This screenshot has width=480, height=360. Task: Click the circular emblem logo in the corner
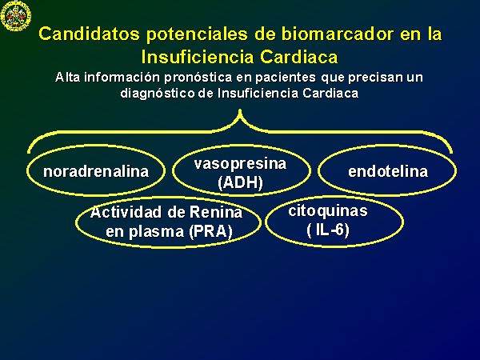(x=16, y=16)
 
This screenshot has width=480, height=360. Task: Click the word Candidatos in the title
(x=89, y=34)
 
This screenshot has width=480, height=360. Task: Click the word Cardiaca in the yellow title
(x=299, y=57)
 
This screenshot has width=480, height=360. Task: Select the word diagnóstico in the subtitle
(x=158, y=94)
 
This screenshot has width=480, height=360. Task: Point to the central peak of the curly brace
(x=240, y=110)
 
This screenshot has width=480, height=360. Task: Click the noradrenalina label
(x=96, y=171)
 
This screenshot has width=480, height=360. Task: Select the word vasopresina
(x=240, y=164)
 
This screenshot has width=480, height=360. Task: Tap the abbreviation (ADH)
(x=240, y=182)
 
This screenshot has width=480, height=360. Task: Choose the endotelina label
(x=388, y=171)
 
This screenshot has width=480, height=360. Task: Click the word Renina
(x=216, y=212)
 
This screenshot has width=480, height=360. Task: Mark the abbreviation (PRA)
(x=210, y=231)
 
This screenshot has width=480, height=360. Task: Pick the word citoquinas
(x=328, y=211)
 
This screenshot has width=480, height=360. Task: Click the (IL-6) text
(x=328, y=230)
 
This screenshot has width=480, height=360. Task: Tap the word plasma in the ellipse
(x=156, y=232)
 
